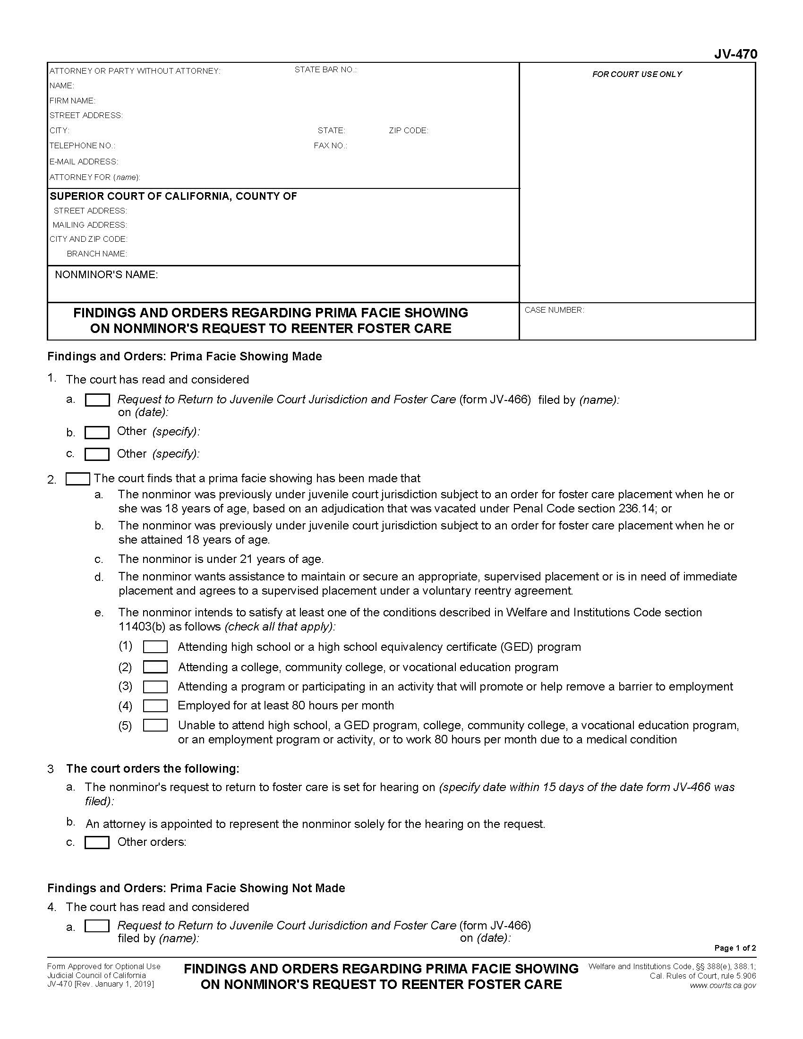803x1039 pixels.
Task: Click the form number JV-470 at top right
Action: [735, 54]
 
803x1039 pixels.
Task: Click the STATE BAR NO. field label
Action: [325, 70]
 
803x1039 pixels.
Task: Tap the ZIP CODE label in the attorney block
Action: [408, 130]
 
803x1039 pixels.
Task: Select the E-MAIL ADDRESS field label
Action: [84, 162]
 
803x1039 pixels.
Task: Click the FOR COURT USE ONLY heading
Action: [637, 74]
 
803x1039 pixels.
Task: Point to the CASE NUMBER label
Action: [554, 310]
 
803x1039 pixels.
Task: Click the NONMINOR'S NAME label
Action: [106, 274]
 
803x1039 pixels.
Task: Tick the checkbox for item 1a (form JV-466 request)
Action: [97, 400]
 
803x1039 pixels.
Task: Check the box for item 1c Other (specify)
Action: [97, 454]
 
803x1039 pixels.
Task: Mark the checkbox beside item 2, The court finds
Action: [77, 478]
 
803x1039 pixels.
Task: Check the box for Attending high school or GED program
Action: [155, 647]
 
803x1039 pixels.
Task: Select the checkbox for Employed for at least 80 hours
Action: [155, 706]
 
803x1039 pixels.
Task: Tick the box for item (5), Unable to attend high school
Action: [155, 725]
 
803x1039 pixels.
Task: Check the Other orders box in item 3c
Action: [97, 843]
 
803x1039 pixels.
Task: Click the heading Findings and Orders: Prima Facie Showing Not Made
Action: [196, 888]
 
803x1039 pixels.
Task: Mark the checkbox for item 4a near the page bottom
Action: [97, 926]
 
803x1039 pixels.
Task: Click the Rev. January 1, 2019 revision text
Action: [100, 984]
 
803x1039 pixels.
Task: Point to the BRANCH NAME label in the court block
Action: [96, 254]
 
